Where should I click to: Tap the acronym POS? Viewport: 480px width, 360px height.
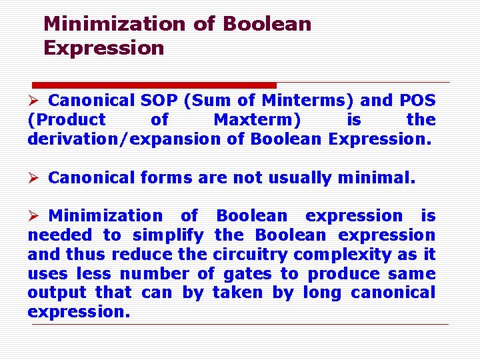click(x=417, y=101)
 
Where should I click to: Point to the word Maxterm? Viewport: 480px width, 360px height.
click(x=257, y=120)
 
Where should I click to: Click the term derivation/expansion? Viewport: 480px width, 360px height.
click(x=124, y=139)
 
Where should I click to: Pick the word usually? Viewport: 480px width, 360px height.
click(x=299, y=178)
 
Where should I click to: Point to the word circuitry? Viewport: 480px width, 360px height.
click(x=251, y=255)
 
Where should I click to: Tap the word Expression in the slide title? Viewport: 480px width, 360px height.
click(x=103, y=48)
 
